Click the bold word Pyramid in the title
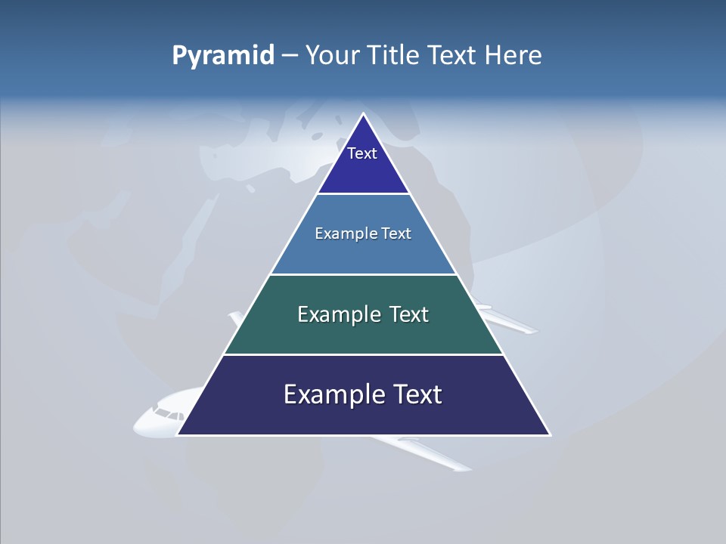[223, 56]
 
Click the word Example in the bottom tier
[327, 394]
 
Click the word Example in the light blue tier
[339, 233]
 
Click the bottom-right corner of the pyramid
[549, 434]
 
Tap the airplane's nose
[137, 427]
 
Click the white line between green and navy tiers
[363, 354]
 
